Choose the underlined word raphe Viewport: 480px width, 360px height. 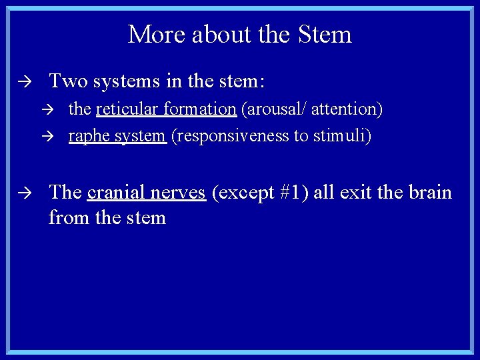click(x=87, y=136)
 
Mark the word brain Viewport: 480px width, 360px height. click(x=429, y=193)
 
